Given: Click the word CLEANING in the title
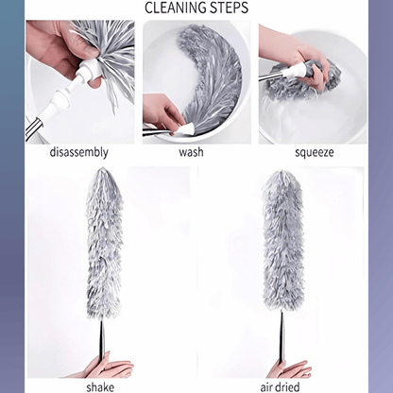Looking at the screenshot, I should [177, 9].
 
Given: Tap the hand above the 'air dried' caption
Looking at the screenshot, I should [287, 369].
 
